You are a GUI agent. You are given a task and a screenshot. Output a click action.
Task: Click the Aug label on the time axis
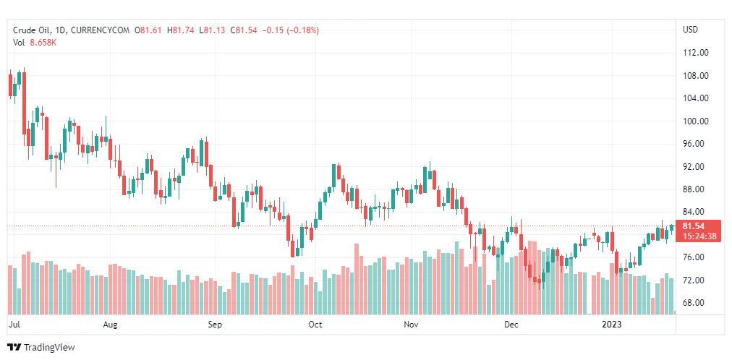(x=110, y=325)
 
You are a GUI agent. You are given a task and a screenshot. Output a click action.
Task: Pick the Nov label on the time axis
(x=411, y=325)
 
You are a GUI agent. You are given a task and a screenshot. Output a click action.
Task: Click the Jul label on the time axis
(x=14, y=325)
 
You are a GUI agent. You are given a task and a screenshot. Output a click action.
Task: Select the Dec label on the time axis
(x=511, y=325)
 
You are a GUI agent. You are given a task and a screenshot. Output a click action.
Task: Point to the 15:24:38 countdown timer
(x=699, y=236)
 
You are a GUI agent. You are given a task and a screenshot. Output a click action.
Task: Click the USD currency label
(x=690, y=30)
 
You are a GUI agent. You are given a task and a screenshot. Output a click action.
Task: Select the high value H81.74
(x=182, y=30)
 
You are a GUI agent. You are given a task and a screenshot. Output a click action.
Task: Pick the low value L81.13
(x=213, y=30)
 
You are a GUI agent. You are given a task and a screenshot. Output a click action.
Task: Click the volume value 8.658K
(x=43, y=42)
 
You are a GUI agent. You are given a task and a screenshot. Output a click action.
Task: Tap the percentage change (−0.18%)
(x=303, y=30)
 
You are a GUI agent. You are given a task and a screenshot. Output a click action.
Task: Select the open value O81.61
(x=149, y=30)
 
